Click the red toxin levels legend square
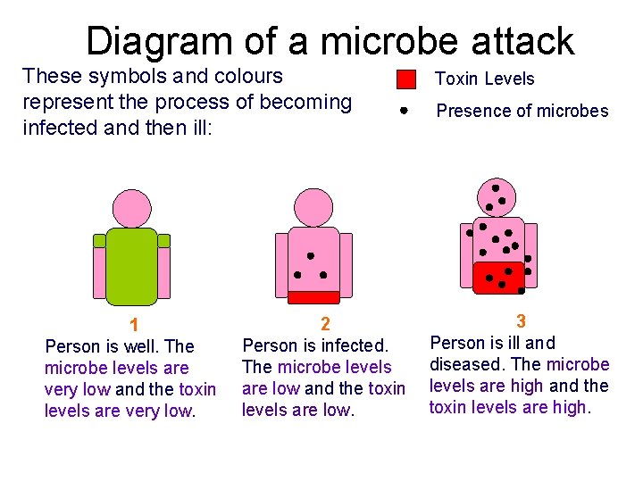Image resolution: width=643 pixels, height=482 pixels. pyautogui.click(x=406, y=79)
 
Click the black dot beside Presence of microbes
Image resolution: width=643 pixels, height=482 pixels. pyautogui.click(x=404, y=112)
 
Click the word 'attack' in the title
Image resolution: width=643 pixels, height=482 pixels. pyautogui.click(x=523, y=41)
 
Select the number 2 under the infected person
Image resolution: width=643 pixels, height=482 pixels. pyautogui.click(x=325, y=324)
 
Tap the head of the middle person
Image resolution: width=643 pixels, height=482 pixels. pyautogui.click(x=313, y=207)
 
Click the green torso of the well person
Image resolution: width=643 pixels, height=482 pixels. pyautogui.click(x=131, y=266)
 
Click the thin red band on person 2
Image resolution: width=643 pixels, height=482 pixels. pyautogui.click(x=313, y=297)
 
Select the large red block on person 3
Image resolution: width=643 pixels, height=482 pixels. pyautogui.click(x=499, y=278)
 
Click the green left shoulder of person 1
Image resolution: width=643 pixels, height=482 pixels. pyautogui.click(x=99, y=240)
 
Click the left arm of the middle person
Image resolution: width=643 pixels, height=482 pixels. pyautogui.click(x=282, y=264)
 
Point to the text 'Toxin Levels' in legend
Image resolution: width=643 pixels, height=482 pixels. pyautogui.click(x=484, y=79)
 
